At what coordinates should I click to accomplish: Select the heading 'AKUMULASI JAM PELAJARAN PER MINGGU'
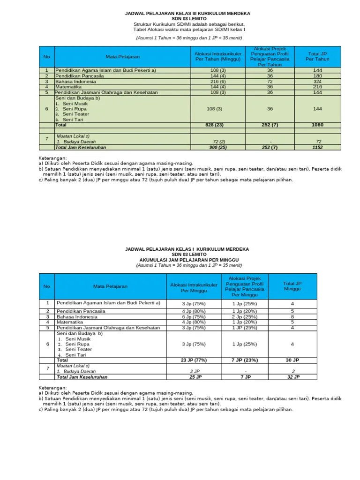pyautogui.click(x=188, y=260)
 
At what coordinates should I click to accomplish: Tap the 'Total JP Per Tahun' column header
pyautogui.click(x=317, y=57)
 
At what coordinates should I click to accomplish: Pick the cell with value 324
pyautogui.click(x=317, y=81)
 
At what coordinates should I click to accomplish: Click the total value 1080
pyautogui.click(x=317, y=125)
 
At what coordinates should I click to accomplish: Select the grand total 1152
pyautogui.click(x=317, y=147)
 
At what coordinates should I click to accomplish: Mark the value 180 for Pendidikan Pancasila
pyautogui.click(x=317, y=75)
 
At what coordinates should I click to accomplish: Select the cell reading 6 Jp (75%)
pyautogui.click(x=194, y=317)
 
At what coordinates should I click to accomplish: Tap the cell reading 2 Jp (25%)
pyautogui.click(x=245, y=317)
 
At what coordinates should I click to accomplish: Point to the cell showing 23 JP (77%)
pyautogui.click(x=194, y=360)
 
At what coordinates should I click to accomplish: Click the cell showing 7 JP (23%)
pyautogui.click(x=245, y=360)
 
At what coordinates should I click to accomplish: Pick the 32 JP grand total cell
pyautogui.click(x=292, y=377)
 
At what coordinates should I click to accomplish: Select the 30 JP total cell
pyautogui.click(x=292, y=360)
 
